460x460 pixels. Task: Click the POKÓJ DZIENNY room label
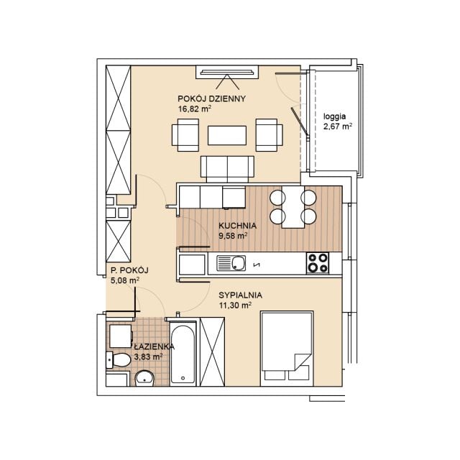pyautogui.click(x=211, y=99)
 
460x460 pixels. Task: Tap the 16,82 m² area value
pyautogui.click(x=195, y=109)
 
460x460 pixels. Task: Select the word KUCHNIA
pyautogui.click(x=238, y=226)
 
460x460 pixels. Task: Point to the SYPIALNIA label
pyautogui.click(x=240, y=295)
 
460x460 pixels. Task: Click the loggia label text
pyautogui.click(x=334, y=116)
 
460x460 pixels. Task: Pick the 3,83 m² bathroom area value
pyautogui.click(x=149, y=356)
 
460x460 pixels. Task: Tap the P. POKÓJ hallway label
pyautogui.click(x=129, y=270)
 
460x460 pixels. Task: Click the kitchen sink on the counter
pyautogui.click(x=231, y=263)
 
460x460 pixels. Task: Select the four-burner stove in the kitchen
pyautogui.click(x=318, y=263)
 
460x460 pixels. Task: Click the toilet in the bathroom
pyautogui.click(x=118, y=359)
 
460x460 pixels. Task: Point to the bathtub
pyautogui.click(x=183, y=354)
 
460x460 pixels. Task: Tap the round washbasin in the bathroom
pyautogui.click(x=144, y=379)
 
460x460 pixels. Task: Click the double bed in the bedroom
pyautogui.click(x=287, y=349)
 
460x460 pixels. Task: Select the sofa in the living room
pyautogui.click(x=227, y=169)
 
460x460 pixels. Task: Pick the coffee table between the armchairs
pyautogui.click(x=227, y=135)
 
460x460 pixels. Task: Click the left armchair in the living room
pyautogui.click(x=185, y=135)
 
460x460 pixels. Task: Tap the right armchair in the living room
pyautogui.click(x=270, y=135)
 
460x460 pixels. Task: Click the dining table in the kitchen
pyautogui.click(x=293, y=207)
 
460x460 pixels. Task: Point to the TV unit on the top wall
pyautogui.click(x=227, y=72)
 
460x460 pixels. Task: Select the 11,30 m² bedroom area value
pyautogui.click(x=235, y=305)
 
